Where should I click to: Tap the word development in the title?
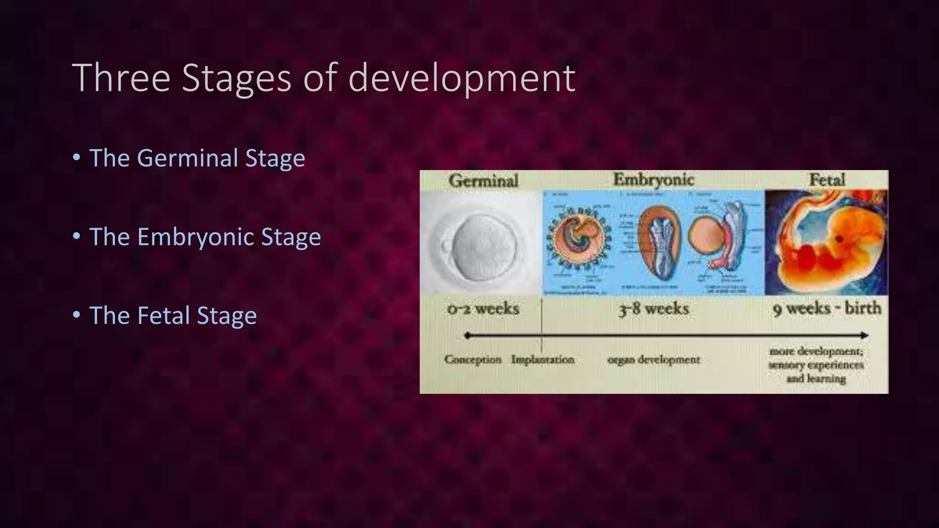pyautogui.click(x=462, y=79)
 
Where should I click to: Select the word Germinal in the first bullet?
pyautogui.click(x=186, y=158)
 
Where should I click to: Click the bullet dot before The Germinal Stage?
pyautogui.click(x=77, y=158)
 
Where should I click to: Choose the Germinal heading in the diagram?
pyautogui.click(x=484, y=181)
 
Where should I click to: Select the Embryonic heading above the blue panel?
pyautogui.click(x=653, y=180)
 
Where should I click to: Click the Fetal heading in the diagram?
pyautogui.click(x=827, y=180)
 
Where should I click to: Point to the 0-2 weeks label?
pyautogui.click(x=483, y=309)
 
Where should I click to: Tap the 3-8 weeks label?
pyautogui.click(x=653, y=309)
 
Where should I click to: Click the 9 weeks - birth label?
pyautogui.click(x=827, y=308)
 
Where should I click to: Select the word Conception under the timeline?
pyautogui.click(x=473, y=359)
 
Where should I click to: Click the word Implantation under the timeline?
pyautogui.click(x=543, y=359)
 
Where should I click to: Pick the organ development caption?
pyautogui.click(x=653, y=360)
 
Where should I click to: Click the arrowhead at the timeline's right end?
pyautogui.click(x=864, y=335)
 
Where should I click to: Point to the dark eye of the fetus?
pyautogui.click(x=840, y=239)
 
